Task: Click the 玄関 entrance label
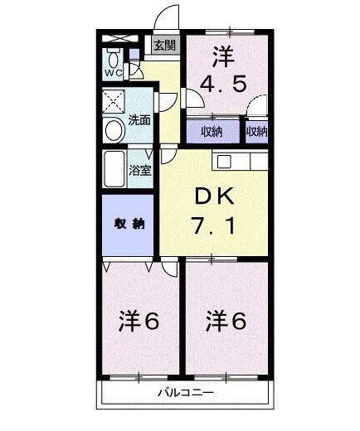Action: click(163, 46)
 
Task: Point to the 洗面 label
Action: click(139, 120)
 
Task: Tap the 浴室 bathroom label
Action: click(140, 172)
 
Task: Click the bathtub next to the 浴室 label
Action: click(114, 170)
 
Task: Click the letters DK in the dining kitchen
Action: click(215, 196)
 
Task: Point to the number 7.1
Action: click(215, 224)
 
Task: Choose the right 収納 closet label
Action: click(256, 132)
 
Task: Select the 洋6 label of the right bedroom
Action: click(226, 320)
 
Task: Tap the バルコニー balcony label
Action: click(186, 393)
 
